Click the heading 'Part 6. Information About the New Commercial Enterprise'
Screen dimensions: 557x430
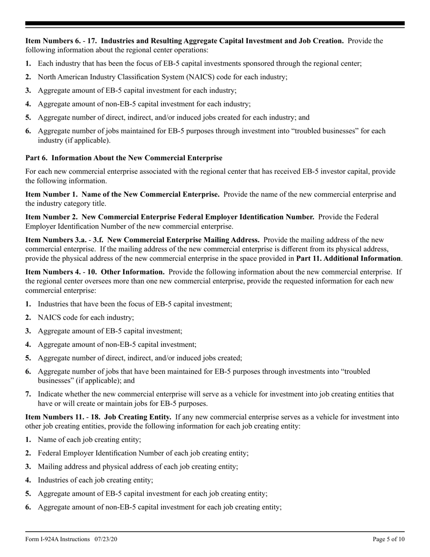click(x=124, y=158)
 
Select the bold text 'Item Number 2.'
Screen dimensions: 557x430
click(x=50, y=217)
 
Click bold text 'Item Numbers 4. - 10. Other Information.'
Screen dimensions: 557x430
click(x=95, y=272)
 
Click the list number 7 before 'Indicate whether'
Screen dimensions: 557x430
click(x=28, y=394)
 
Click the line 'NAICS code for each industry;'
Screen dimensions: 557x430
click(x=86, y=317)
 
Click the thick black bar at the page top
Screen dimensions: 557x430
click(x=215, y=24)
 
